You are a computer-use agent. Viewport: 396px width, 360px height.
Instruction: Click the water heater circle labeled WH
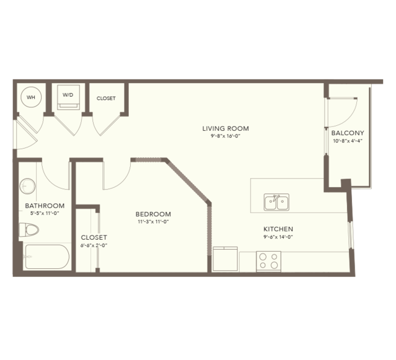(31, 97)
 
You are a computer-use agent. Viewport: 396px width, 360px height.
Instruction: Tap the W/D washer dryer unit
(68, 97)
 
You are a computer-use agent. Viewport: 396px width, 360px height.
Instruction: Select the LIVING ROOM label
(226, 128)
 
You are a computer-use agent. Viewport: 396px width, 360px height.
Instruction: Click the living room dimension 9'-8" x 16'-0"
(226, 136)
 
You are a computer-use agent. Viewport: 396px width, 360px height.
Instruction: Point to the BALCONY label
(348, 133)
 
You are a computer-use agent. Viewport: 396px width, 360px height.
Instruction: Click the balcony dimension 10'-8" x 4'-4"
(348, 141)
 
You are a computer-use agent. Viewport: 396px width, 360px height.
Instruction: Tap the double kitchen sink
(276, 202)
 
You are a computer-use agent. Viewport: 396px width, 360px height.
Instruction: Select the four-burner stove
(268, 261)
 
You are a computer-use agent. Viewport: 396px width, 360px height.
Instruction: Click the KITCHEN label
(278, 229)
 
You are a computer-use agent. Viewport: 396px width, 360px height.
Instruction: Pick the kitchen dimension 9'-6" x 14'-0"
(278, 237)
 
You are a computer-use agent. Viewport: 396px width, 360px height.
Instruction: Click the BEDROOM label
(153, 214)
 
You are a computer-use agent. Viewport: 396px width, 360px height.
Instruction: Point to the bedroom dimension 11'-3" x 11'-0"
(153, 222)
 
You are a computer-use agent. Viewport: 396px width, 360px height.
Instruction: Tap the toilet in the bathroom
(29, 230)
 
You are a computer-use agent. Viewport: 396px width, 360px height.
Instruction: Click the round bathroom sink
(27, 187)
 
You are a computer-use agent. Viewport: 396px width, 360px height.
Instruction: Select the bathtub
(47, 257)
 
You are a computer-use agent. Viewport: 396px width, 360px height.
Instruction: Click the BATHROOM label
(45, 206)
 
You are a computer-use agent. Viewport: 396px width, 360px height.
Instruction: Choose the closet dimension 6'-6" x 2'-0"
(94, 245)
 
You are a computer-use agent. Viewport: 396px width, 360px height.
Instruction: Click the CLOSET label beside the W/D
(106, 99)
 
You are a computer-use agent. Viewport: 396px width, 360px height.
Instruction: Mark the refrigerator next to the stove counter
(226, 259)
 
